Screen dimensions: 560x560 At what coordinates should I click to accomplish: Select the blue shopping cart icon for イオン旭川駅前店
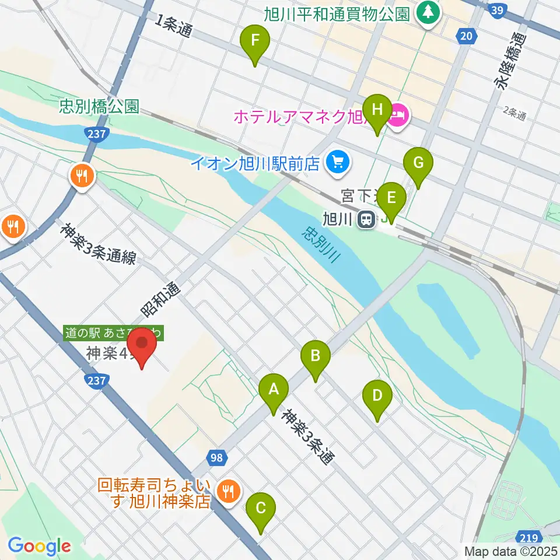337,162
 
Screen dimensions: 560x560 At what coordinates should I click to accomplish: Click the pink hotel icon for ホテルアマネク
398,116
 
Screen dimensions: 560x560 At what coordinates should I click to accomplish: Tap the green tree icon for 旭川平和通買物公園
428,12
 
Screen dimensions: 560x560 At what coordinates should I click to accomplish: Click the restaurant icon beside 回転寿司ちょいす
227,491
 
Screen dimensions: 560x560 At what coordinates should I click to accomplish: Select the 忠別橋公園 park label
99,107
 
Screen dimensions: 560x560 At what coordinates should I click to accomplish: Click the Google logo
39,546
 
